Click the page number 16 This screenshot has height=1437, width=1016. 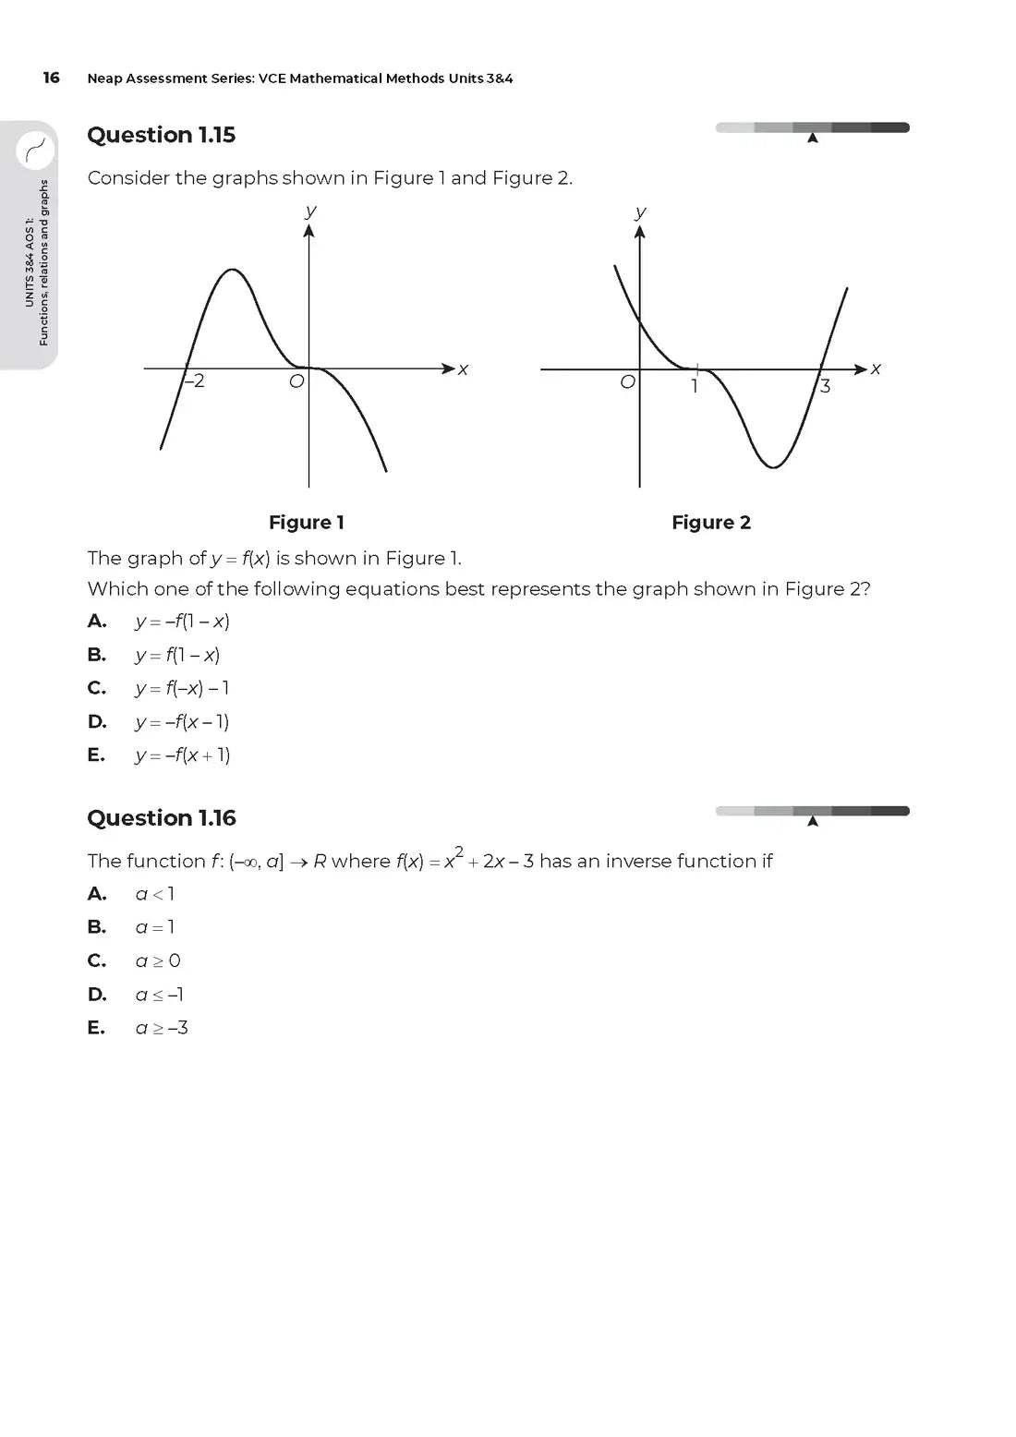pyautogui.click(x=51, y=78)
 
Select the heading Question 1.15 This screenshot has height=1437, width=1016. pyautogui.click(x=161, y=135)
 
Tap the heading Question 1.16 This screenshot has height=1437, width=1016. pyautogui.click(x=161, y=818)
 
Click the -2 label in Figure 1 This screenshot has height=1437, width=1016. pyautogui.click(x=194, y=381)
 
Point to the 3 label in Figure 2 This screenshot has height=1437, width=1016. pyautogui.click(x=825, y=386)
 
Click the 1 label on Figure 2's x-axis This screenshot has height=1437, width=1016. pyautogui.click(x=695, y=386)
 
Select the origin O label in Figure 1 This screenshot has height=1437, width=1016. pyautogui.click(x=296, y=381)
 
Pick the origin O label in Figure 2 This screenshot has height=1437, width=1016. pyautogui.click(x=627, y=382)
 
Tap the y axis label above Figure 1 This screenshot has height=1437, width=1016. pyautogui.click(x=310, y=211)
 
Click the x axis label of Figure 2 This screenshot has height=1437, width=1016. pyautogui.click(x=876, y=368)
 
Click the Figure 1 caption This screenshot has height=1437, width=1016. pyautogui.click(x=307, y=523)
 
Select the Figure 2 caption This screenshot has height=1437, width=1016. pyautogui.click(x=711, y=523)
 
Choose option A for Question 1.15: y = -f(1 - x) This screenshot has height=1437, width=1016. pyautogui.click(x=182, y=622)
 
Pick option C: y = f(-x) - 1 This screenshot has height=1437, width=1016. pyautogui.click(x=182, y=688)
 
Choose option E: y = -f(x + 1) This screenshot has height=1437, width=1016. pyautogui.click(x=182, y=755)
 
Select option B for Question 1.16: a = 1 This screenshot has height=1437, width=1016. pyautogui.click(x=154, y=927)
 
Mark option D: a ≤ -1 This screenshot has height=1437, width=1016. pyautogui.click(x=159, y=995)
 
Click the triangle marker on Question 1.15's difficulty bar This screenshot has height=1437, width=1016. pyautogui.click(x=813, y=139)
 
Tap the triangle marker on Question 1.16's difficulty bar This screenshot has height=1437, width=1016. pyautogui.click(x=813, y=821)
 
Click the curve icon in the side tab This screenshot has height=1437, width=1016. pyautogui.click(x=36, y=148)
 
